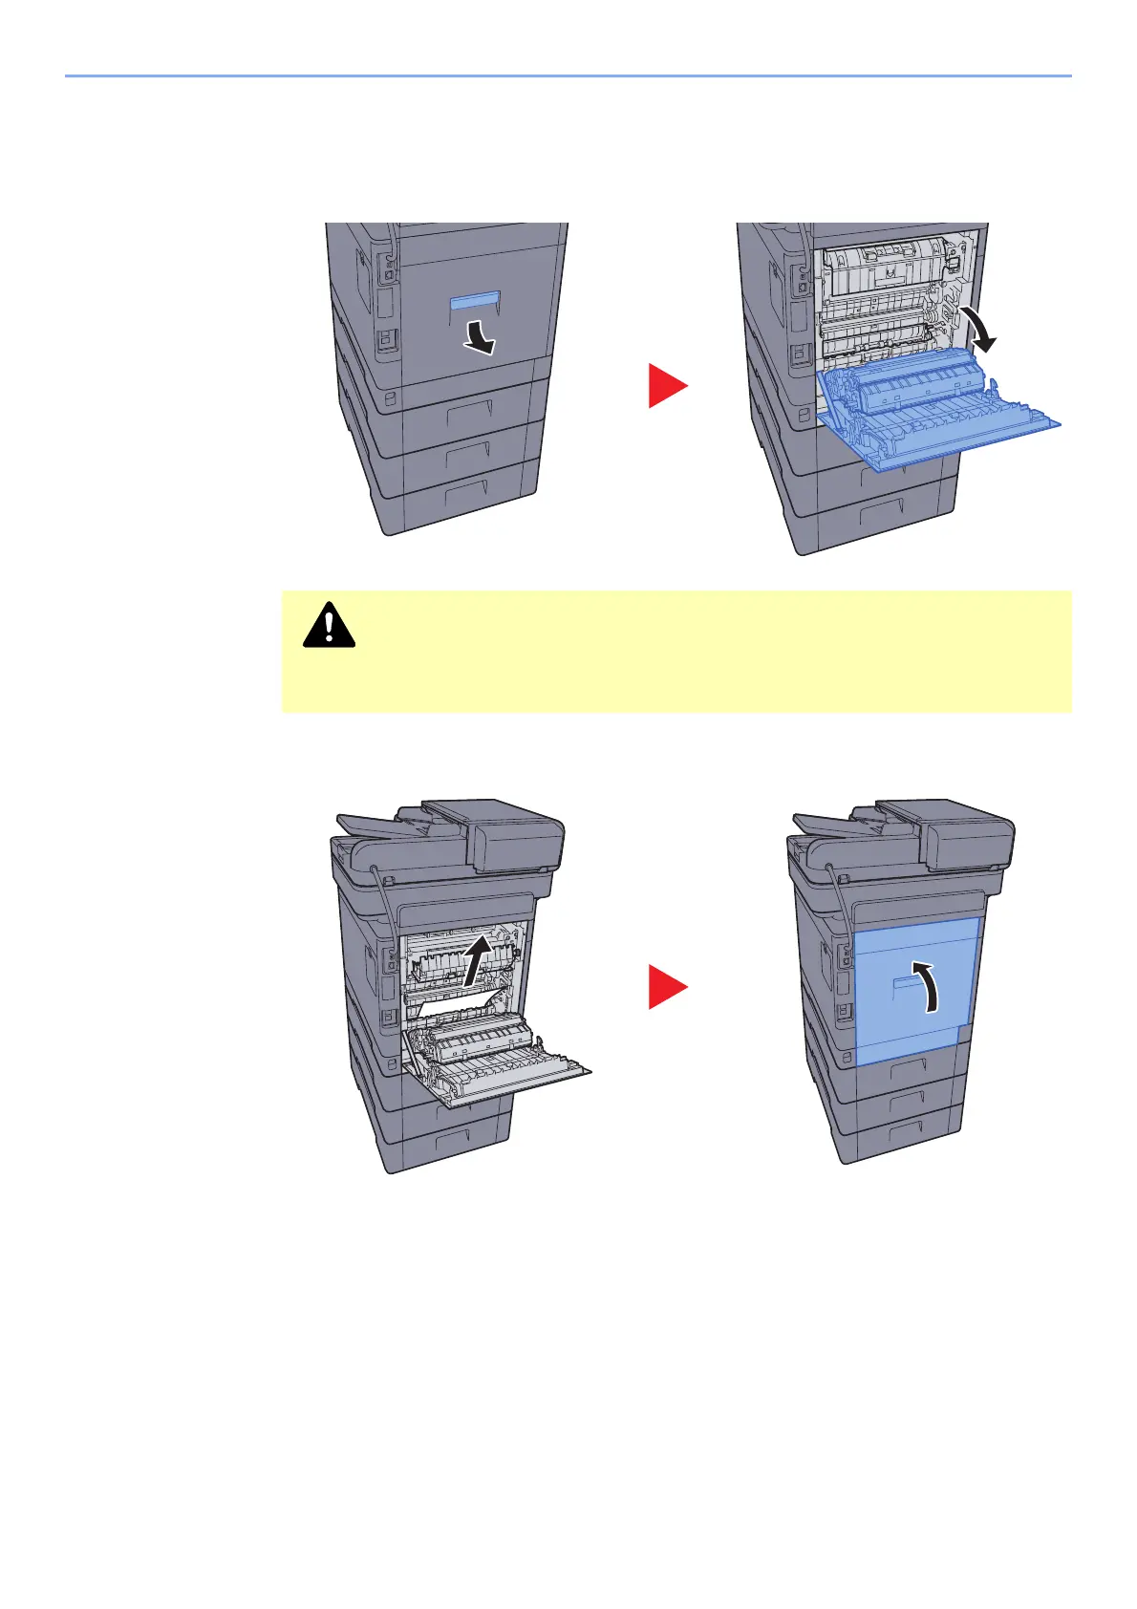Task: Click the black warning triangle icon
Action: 329,626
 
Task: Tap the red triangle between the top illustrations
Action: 667,385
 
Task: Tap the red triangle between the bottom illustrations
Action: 667,986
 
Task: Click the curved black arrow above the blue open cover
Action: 980,330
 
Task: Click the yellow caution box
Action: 676,651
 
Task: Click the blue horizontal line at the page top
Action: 568,75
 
